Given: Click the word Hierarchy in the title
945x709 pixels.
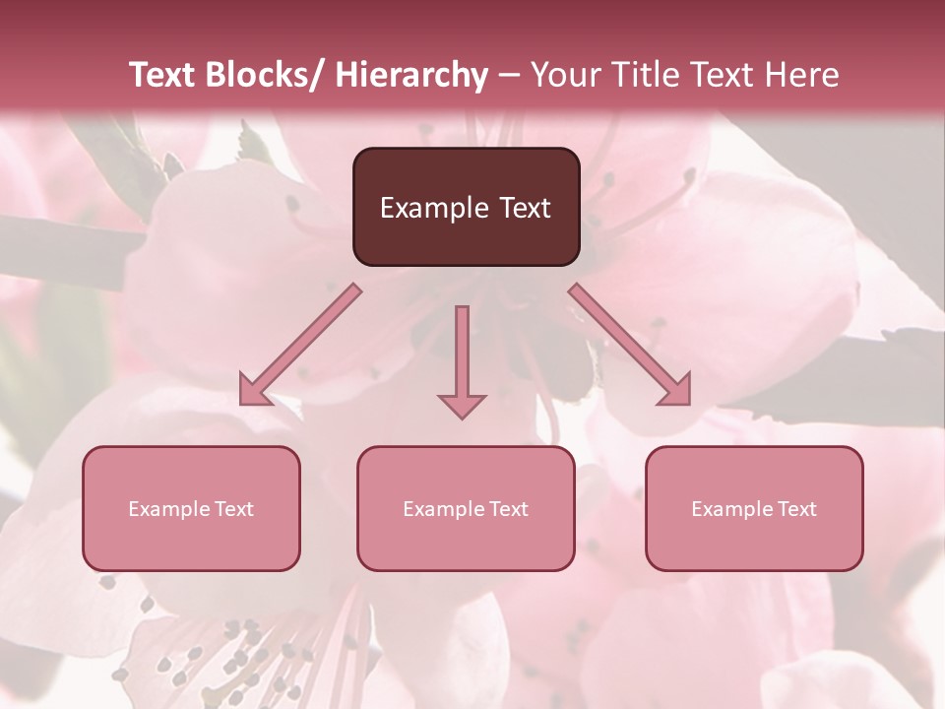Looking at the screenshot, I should pyautogui.click(x=411, y=75).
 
